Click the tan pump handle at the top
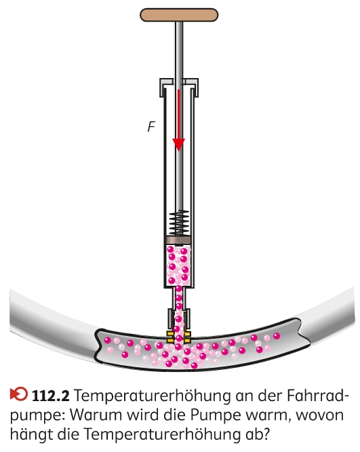click(179, 15)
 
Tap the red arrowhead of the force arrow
click(178, 144)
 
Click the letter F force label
click(151, 126)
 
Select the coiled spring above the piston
click(179, 223)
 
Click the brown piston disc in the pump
click(179, 240)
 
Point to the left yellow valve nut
click(170, 337)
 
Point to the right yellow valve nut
click(187, 337)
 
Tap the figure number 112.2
click(51, 396)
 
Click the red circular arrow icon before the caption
click(19, 394)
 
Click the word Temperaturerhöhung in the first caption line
click(153, 396)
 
